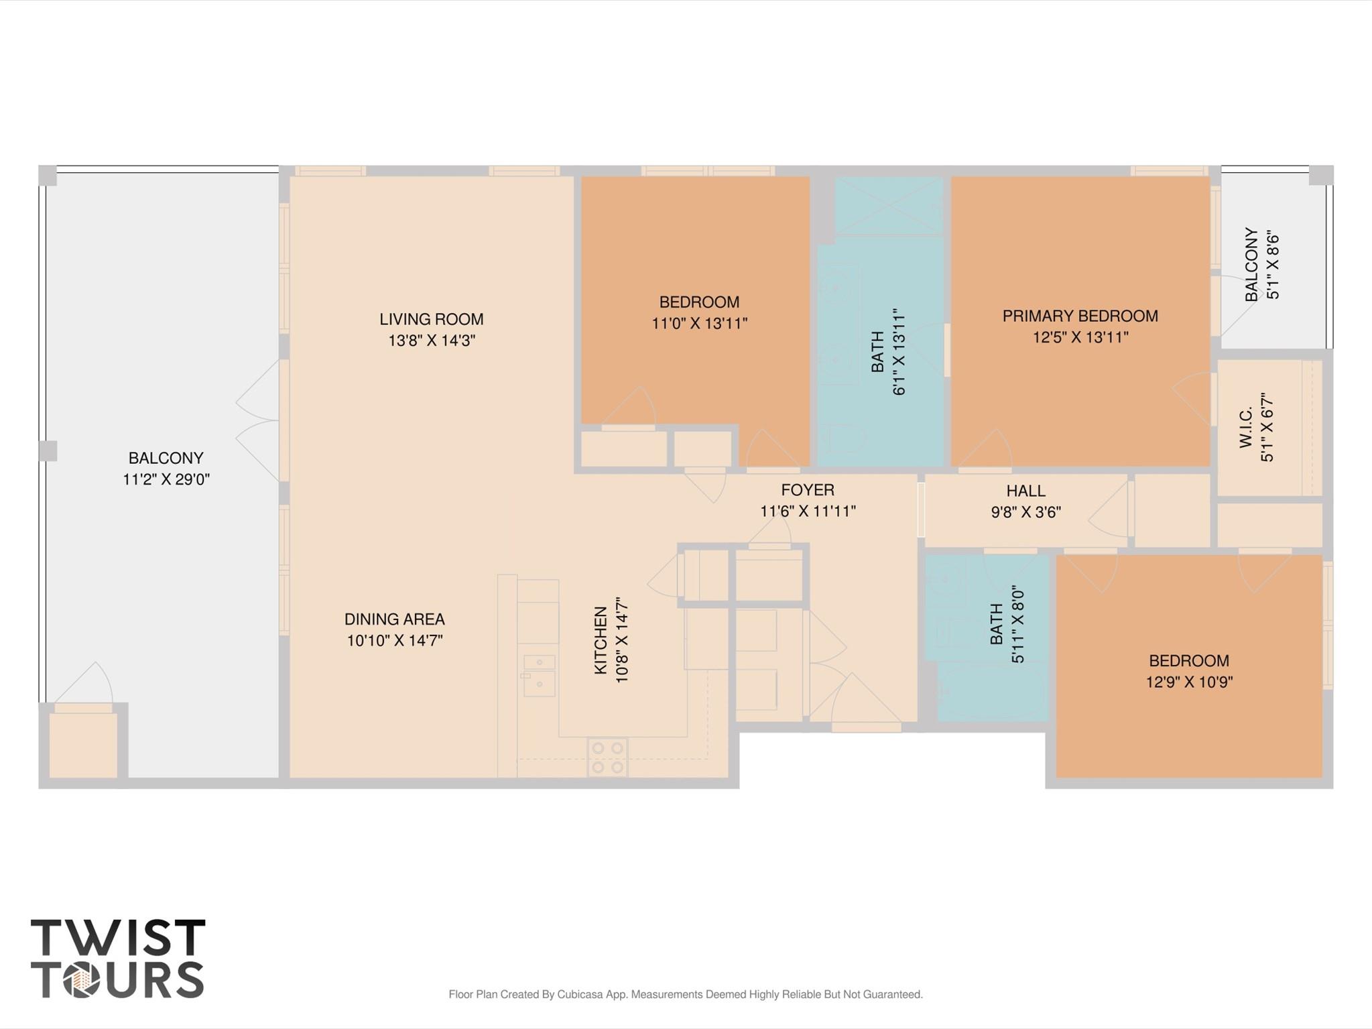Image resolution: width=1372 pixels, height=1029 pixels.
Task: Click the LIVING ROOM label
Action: pyautogui.click(x=431, y=319)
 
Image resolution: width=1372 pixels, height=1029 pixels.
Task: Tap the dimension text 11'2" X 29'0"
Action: pyautogui.click(x=166, y=479)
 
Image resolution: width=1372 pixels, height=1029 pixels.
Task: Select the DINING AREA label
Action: pyautogui.click(x=394, y=619)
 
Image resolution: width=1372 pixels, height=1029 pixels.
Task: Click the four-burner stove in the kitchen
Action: pyautogui.click(x=608, y=758)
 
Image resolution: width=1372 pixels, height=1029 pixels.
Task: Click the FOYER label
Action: pyautogui.click(x=807, y=490)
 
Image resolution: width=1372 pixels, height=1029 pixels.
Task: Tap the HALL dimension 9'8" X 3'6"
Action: pyautogui.click(x=1025, y=512)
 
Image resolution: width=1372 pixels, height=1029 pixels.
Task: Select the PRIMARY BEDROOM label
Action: pyautogui.click(x=1080, y=316)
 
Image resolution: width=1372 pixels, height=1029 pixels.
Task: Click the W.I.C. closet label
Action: pyautogui.click(x=1246, y=427)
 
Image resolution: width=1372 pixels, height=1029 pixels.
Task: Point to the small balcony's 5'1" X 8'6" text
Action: pyautogui.click(x=1273, y=265)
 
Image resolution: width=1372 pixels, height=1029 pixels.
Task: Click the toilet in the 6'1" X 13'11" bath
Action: pyautogui.click(x=844, y=439)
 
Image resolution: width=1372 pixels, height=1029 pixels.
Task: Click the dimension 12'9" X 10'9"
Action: pyautogui.click(x=1189, y=682)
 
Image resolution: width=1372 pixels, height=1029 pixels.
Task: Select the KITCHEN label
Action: pyautogui.click(x=601, y=640)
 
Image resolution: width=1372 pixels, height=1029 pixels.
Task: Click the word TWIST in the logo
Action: pyautogui.click(x=118, y=937)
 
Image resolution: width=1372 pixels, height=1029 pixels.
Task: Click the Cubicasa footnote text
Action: pyautogui.click(x=685, y=994)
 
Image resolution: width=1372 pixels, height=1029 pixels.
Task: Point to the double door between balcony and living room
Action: pyautogui.click(x=258, y=421)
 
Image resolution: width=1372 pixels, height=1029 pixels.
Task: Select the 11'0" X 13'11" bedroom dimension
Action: pyautogui.click(x=699, y=324)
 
